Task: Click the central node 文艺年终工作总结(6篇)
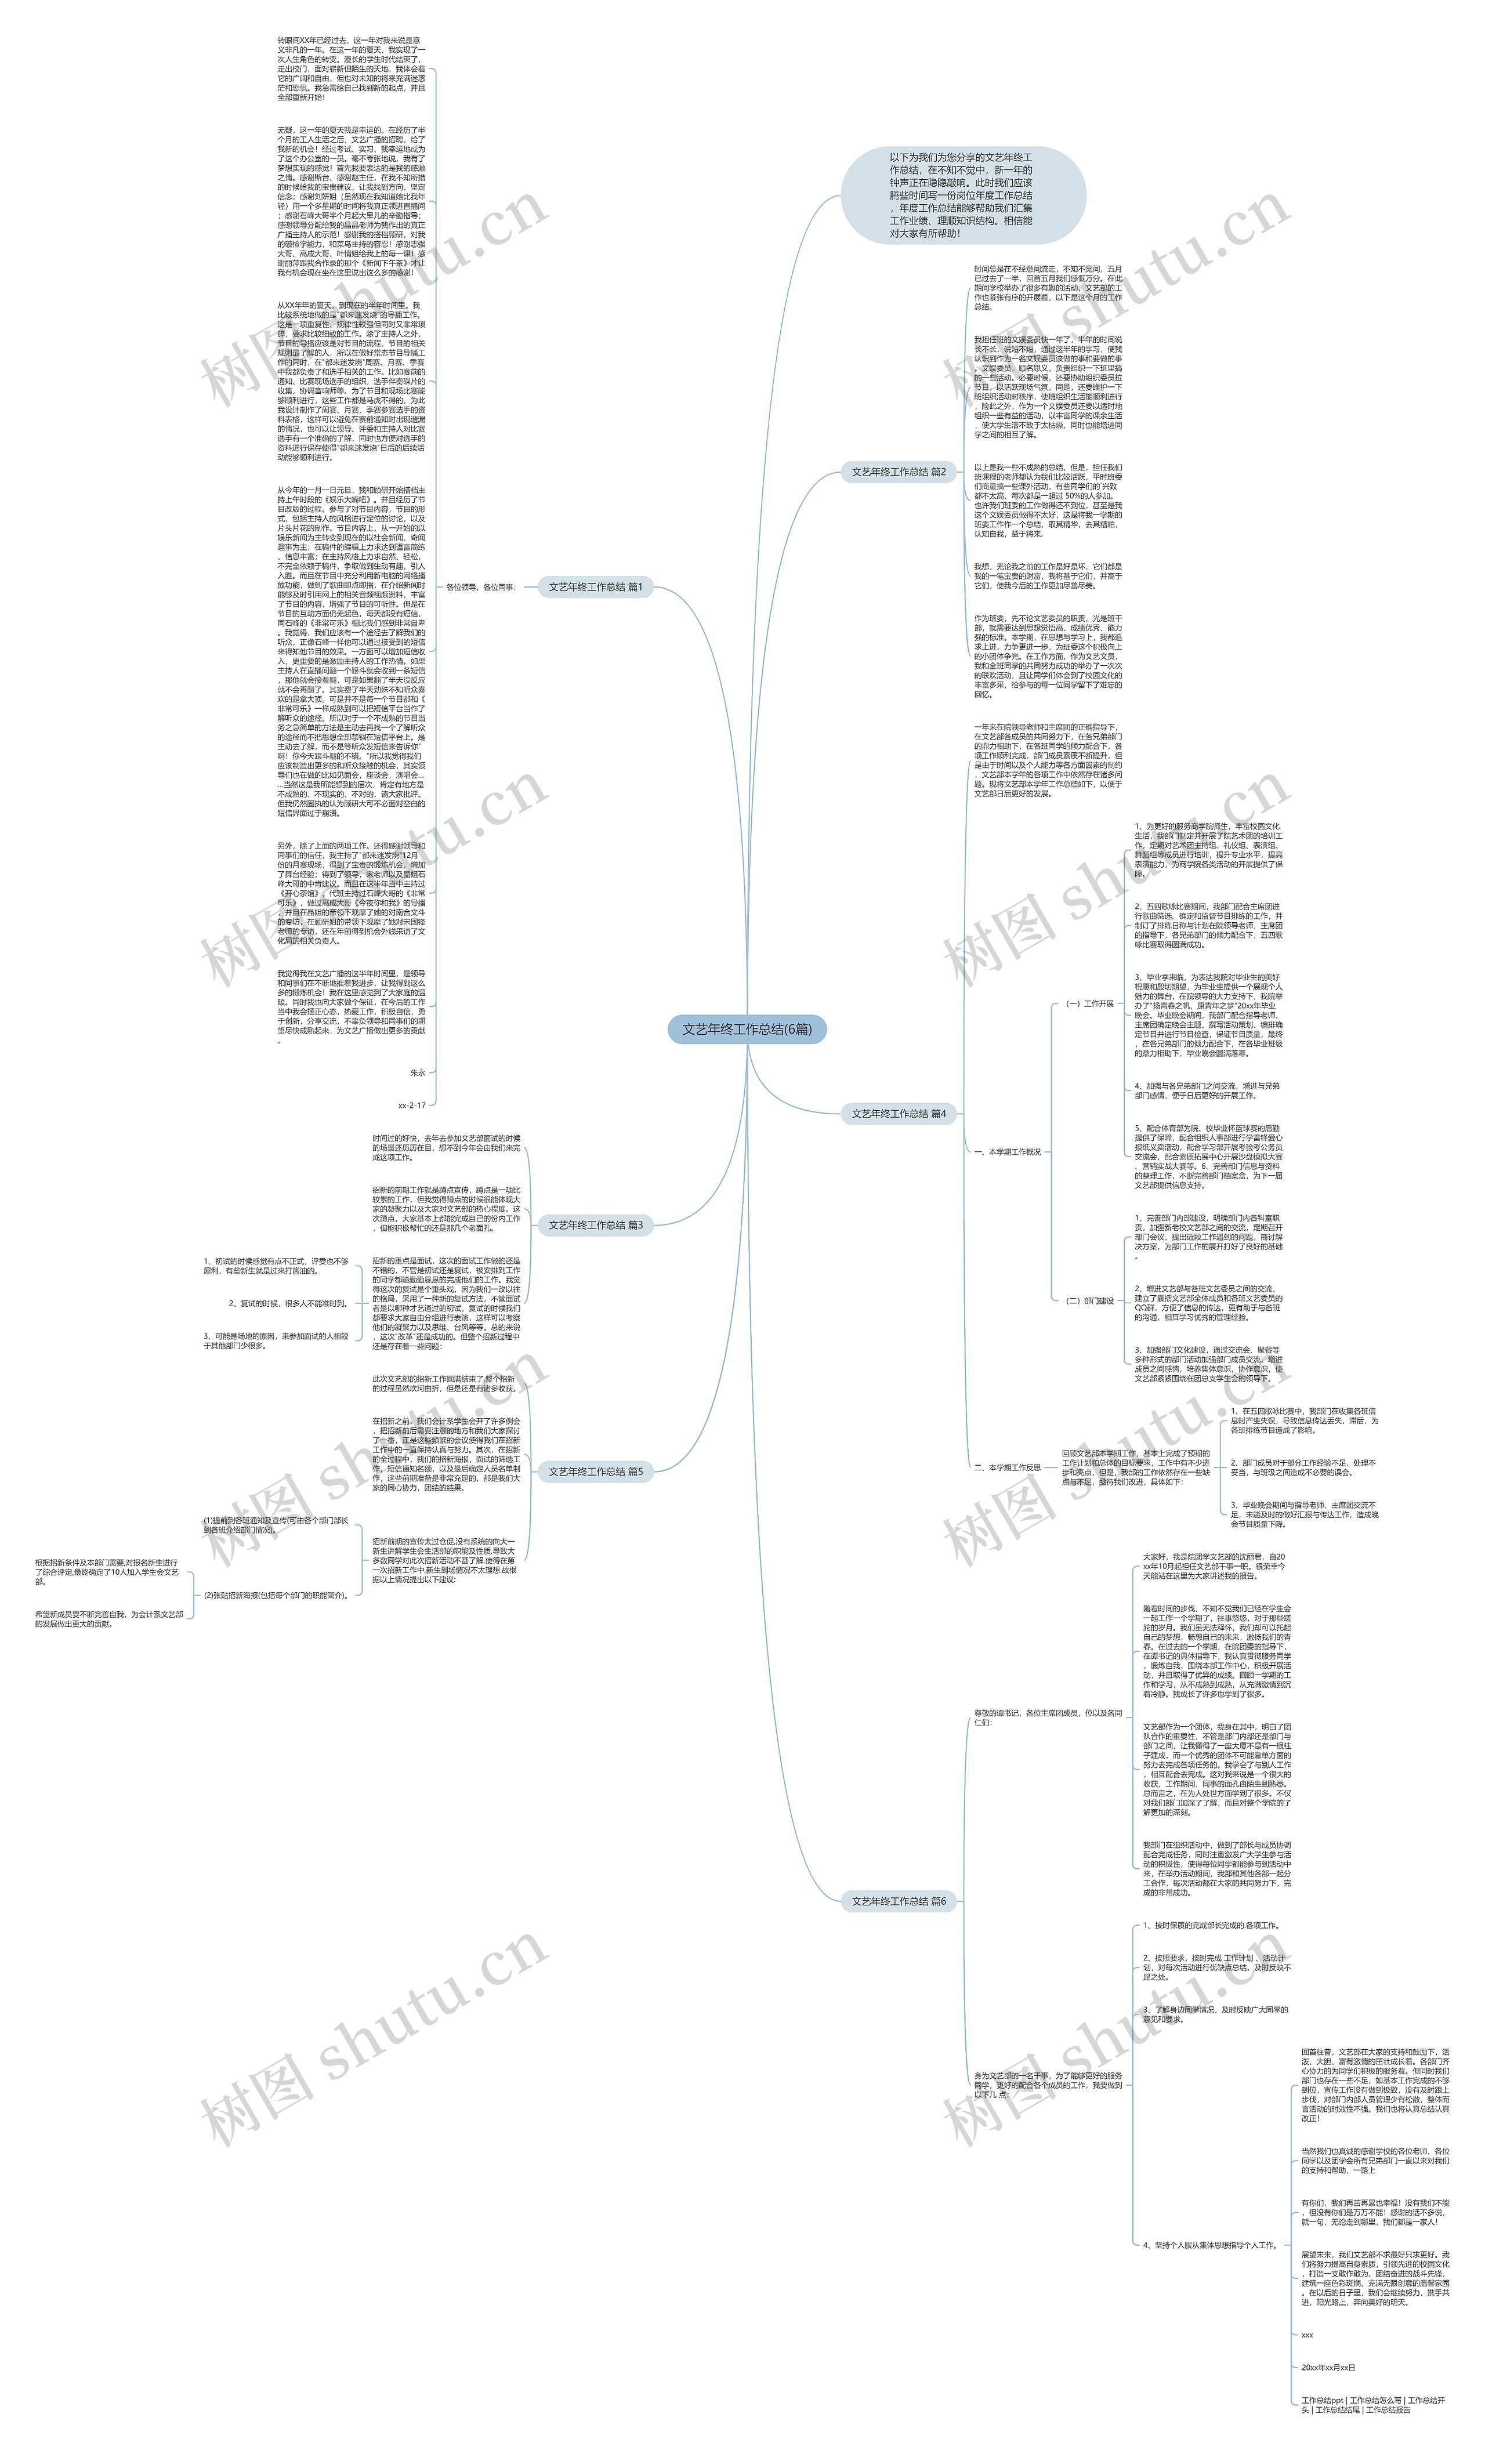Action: [746, 1029]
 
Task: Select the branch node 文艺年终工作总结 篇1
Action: [595, 586]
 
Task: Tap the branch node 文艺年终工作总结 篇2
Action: [898, 472]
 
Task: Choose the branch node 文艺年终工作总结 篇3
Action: [595, 1225]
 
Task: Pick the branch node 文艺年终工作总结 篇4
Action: [898, 1114]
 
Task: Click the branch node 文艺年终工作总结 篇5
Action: [595, 1472]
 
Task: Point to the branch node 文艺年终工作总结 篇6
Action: [898, 1901]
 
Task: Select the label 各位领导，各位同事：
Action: [480, 586]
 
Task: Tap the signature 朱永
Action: [418, 1073]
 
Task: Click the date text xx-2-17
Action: [412, 1105]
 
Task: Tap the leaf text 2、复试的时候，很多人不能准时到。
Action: [288, 1303]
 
